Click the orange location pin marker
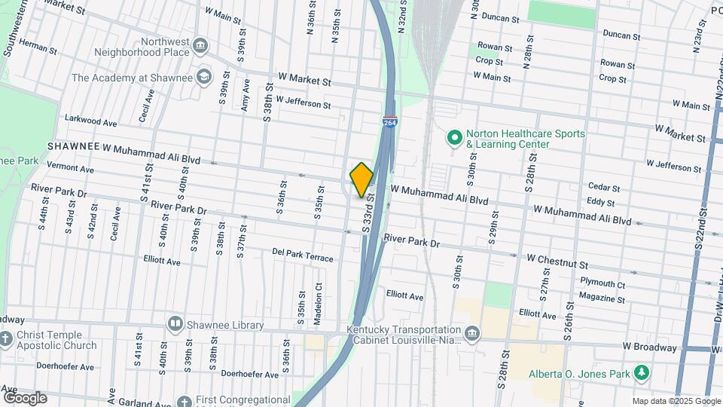tap(361, 179)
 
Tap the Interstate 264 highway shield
tap(389, 121)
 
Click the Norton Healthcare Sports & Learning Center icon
tap(454, 139)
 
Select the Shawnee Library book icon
tap(175, 324)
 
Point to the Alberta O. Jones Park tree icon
tap(642, 372)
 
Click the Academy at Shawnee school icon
tap(203, 76)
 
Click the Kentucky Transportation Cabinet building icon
tap(471, 334)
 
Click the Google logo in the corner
tap(25, 398)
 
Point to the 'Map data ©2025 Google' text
tap(676, 401)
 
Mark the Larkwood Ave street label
tap(91, 121)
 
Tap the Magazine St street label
tap(602, 298)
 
